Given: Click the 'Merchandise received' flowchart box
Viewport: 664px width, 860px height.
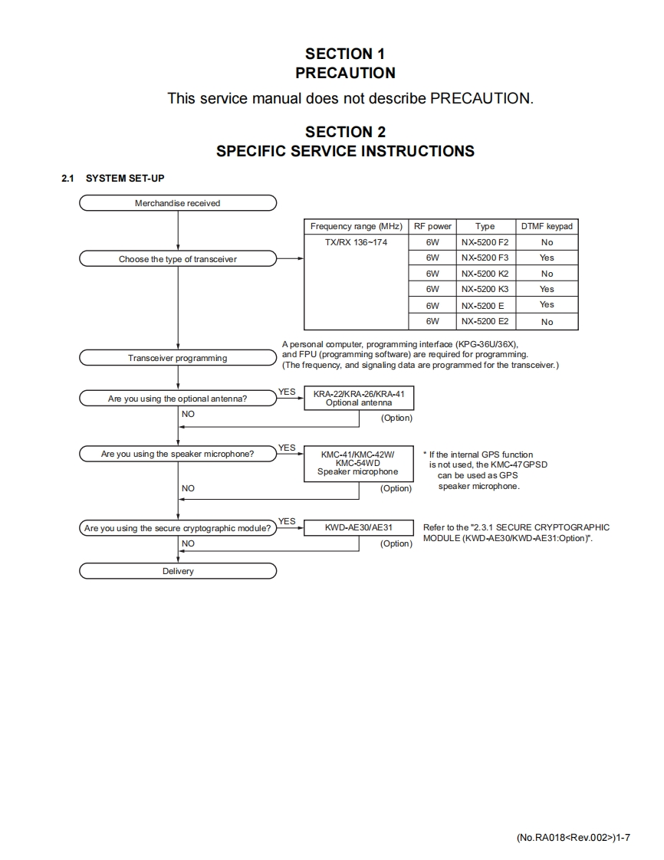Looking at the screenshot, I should [178, 203].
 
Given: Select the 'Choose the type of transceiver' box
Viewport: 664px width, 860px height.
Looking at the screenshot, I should [178, 259].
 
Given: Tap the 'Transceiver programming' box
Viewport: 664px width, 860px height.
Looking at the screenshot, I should [178, 358].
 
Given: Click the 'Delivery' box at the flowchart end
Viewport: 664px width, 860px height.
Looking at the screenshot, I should [178, 571].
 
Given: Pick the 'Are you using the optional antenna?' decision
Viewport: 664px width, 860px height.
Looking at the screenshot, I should [178, 399].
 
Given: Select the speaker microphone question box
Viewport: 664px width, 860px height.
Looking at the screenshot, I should [178, 454].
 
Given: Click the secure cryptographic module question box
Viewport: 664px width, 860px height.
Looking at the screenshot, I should [178, 528].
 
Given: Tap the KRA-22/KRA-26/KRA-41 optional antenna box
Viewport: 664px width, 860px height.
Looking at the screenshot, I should [359, 398].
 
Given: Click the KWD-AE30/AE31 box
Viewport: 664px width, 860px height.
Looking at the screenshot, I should [359, 527].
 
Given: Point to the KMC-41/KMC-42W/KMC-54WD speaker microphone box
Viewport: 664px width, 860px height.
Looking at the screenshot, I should [358, 463].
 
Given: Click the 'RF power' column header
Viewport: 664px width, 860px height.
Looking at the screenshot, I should [432, 226].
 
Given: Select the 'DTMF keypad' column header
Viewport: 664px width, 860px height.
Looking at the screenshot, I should [547, 226].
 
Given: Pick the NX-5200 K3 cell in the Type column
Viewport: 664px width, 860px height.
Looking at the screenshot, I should [485, 289].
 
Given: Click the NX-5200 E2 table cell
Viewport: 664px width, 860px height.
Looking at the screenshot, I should [485, 322].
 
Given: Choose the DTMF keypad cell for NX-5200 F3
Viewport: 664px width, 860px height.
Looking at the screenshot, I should [547, 258].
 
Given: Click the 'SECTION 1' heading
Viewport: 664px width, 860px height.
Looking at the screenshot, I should [345, 54].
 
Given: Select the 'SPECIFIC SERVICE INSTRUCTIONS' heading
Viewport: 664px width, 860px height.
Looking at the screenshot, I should [345, 151].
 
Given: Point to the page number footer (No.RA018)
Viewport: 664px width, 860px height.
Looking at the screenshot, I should [574, 837].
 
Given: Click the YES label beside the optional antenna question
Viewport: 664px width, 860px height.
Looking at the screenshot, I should [287, 392].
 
